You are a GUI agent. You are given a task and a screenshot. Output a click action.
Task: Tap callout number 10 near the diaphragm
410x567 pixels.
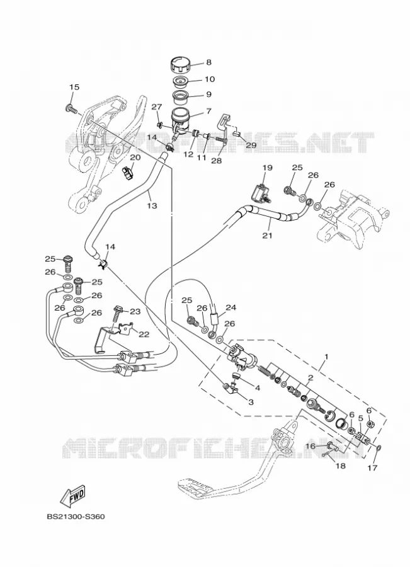click(210, 79)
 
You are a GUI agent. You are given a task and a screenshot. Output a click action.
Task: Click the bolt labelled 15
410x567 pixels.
click(72, 108)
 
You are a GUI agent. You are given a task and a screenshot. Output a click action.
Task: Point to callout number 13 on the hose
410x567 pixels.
click(152, 205)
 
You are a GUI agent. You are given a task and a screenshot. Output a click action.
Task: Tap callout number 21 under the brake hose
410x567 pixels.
click(267, 236)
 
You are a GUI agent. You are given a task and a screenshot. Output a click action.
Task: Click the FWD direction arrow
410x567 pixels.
click(72, 496)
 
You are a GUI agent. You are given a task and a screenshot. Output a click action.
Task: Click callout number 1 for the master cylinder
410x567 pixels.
click(326, 357)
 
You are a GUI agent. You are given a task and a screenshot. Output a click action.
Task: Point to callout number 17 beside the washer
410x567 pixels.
click(372, 467)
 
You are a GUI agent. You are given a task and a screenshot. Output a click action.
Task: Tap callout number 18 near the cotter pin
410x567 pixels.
click(341, 466)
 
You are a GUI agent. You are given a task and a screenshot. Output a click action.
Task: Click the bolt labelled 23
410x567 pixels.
click(118, 314)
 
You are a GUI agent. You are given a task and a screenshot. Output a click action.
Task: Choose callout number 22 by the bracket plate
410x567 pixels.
click(144, 335)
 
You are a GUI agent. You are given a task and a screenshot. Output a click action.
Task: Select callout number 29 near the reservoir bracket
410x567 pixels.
click(251, 145)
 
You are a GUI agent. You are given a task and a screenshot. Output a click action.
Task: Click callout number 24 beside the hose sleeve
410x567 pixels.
click(231, 307)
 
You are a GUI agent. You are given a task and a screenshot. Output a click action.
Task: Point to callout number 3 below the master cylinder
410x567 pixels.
click(251, 402)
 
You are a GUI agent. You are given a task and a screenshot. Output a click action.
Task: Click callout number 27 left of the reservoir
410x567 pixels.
click(156, 107)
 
